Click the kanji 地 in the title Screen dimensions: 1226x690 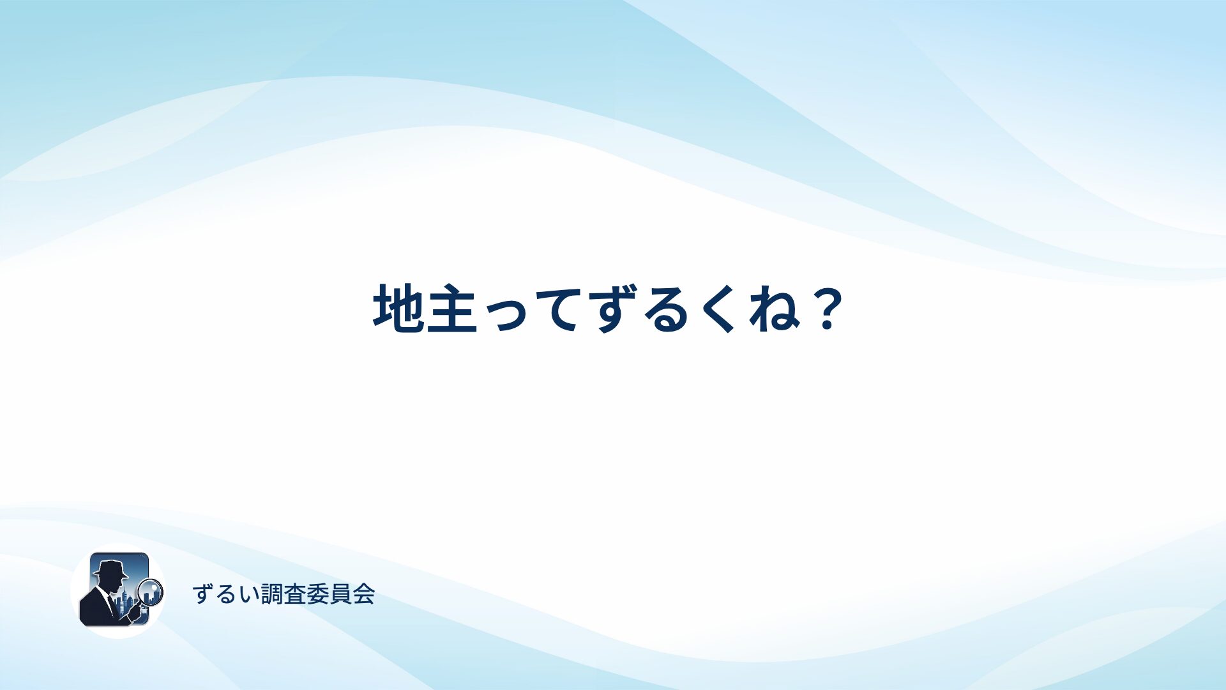[399, 309]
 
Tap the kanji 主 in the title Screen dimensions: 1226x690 [452, 309]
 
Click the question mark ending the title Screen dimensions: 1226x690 [828, 310]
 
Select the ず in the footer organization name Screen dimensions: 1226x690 [203, 594]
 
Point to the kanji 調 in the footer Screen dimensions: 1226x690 [272, 594]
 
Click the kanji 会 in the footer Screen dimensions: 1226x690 [364, 594]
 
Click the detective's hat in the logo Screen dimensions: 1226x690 [110, 569]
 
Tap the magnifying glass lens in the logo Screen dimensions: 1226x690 [151, 591]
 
